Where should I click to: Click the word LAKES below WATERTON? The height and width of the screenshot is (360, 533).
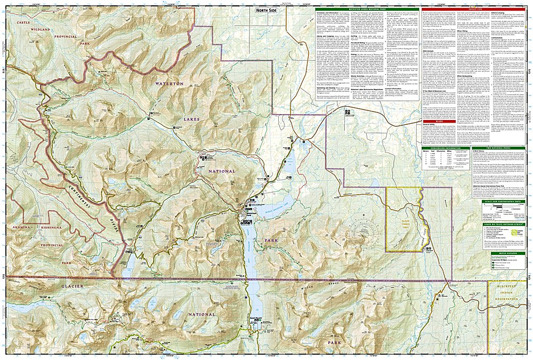tap(192, 119)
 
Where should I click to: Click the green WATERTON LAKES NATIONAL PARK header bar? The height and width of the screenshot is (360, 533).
tap(367, 10)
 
